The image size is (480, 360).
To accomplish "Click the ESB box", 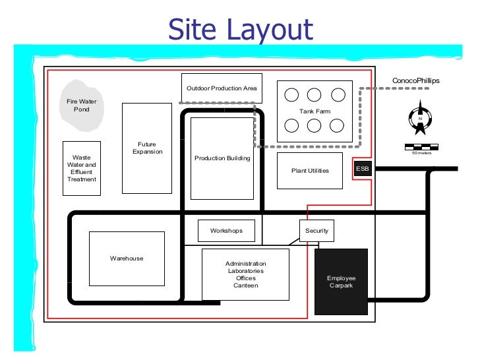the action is pyautogui.click(x=363, y=168).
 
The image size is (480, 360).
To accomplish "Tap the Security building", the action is pyautogui.click(x=316, y=231).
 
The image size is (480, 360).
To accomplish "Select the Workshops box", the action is pyautogui.click(x=226, y=231).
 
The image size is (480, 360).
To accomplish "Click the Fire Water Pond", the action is pyautogui.click(x=82, y=105).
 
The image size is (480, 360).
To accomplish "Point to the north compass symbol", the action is pyautogui.click(x=420, y=117).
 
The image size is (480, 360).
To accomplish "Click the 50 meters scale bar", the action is pyautogui.click(x=421, y=147).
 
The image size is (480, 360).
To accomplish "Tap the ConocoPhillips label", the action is pyautogui.click(x=415, y=80).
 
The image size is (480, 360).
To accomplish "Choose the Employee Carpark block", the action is pyautogui.click(x=341, y=282).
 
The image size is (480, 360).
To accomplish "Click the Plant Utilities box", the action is pyautogui.click(x=310, y=171).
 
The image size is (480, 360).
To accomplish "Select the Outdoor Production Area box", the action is pyautogui.click(x=222, y=88).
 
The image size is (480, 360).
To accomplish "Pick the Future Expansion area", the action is pyautogui.click(x=147, y=148).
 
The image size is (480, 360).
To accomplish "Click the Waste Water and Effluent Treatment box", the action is pyautogui.click(x=82, y=168).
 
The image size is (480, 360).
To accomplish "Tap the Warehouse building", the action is pyautogui.click(x=127, y=258).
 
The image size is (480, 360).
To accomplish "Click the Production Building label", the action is pyautogui.click(x=222, y=158).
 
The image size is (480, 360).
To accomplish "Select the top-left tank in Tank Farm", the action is pyautogui.click(x=291, y=95).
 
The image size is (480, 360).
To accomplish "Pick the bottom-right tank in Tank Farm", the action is pyautogui.click(x=337, y=125).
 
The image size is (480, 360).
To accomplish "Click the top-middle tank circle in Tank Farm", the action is pyautogui.click(x=314, y=95).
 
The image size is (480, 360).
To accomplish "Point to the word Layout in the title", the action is pyautogui.click(x=270, y=30).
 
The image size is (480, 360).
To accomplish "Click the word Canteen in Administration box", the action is pyautogui.click(x=245, y=285).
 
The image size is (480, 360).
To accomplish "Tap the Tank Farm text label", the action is pyautogui.click(x=315, y=111).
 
